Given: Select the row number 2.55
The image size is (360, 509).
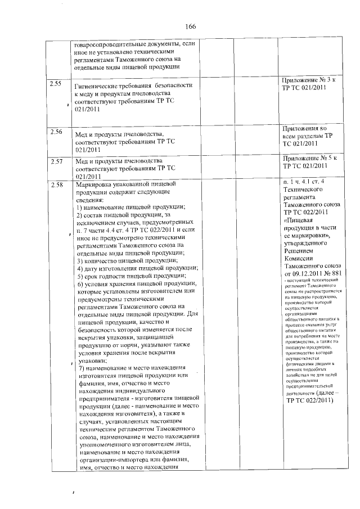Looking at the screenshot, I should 56,84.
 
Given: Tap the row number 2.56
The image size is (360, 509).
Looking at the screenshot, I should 56,132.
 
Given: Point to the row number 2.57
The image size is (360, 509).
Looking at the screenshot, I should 56,161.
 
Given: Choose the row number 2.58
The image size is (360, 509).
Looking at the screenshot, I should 56,184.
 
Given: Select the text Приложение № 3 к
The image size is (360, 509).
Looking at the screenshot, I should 308,81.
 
